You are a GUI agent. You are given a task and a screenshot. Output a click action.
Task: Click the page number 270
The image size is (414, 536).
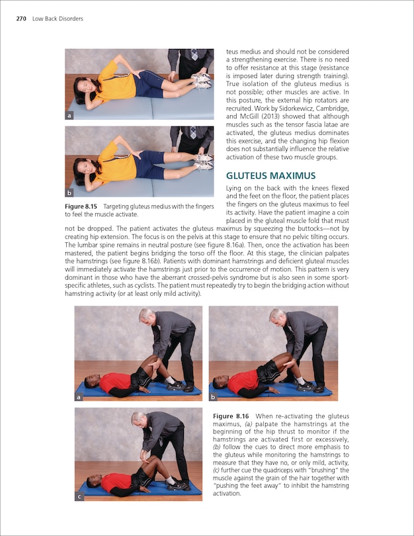(22, 19)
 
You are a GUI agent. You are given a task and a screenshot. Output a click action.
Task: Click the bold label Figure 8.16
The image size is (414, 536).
(233, 415)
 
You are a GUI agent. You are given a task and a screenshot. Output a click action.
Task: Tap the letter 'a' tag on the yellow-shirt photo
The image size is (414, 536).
(69, 116)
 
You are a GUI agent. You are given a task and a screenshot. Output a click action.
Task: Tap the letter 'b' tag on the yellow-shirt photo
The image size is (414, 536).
(69, 193)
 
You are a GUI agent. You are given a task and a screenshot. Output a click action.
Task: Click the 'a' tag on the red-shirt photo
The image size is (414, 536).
(79, 397)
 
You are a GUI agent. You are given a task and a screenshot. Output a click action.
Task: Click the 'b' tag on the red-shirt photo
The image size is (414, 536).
(214, 397)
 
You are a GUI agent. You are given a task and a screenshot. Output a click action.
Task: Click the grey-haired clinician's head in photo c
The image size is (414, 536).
(138, 420)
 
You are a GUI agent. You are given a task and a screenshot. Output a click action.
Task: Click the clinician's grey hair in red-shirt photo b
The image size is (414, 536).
(276, 314)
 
